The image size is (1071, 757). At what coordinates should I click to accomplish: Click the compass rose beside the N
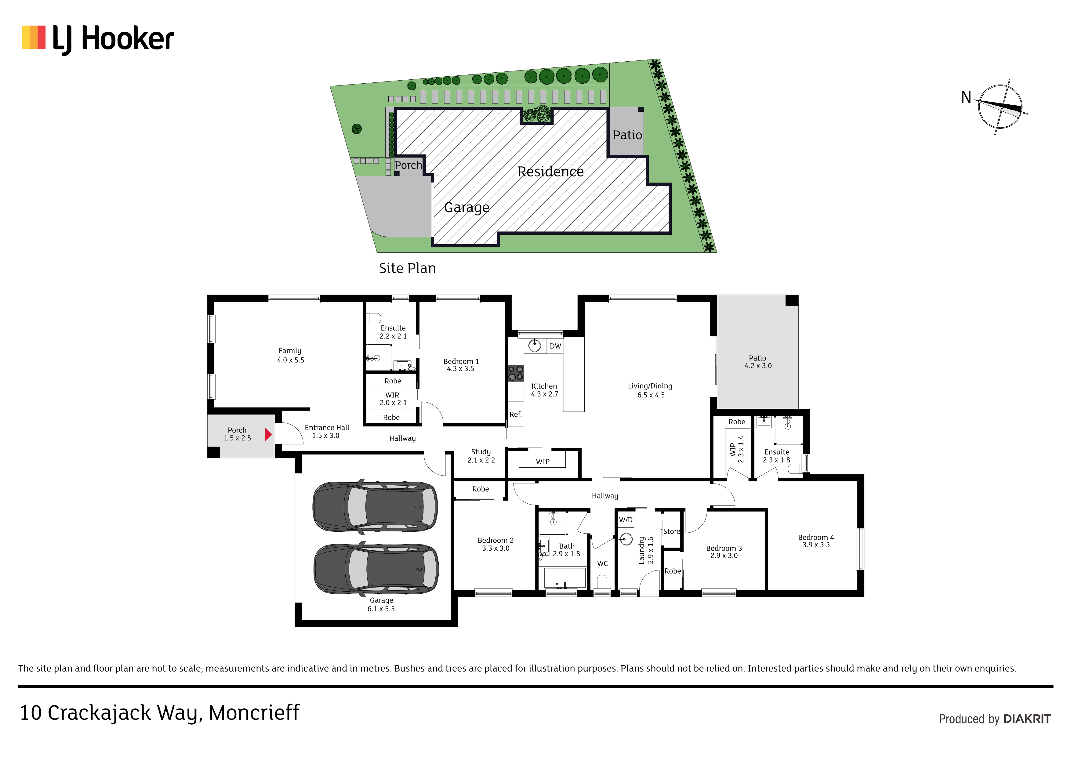click(x=1000, y=107)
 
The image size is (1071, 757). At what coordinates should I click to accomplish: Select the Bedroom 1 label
click(x=461, y=365)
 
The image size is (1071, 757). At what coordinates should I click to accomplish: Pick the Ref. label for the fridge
click(x=515, y=414)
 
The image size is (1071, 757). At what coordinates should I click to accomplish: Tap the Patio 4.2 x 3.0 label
click(x=758, y=362)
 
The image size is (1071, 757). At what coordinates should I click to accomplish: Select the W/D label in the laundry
click(x=626, y=520)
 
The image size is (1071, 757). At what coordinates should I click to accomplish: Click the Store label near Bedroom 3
click(x=672, y=531)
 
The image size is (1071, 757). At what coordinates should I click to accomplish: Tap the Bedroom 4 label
click(x=816, y=541)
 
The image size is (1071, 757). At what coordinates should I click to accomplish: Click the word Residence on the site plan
click(x=550, y=172)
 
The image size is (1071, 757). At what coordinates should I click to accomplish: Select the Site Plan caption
click(x=407, y=268)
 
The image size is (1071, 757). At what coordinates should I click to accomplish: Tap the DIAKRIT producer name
click(x=1027, y=719)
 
